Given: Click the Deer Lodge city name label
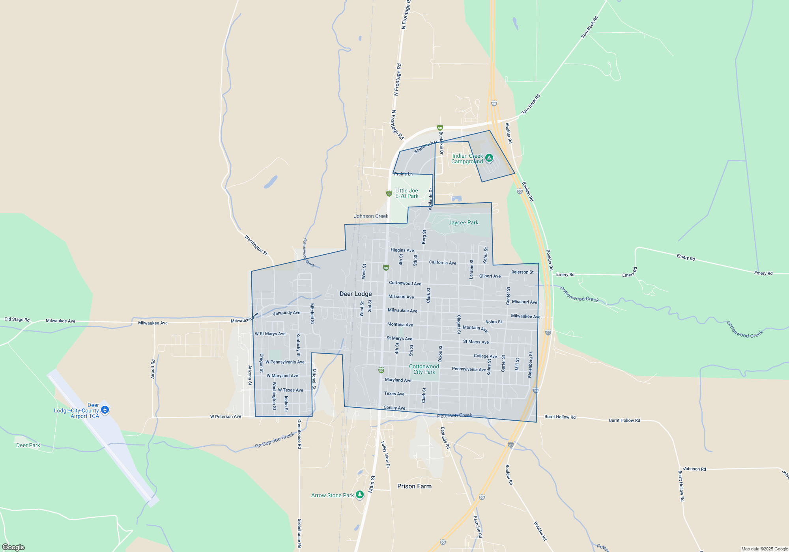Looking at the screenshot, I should [x=355, y=294].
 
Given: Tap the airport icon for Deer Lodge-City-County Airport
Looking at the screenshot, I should [x=105, y=410].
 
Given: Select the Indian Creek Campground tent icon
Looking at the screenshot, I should [x=489, y=158].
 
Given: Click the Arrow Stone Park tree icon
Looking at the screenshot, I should [x=359, y=494].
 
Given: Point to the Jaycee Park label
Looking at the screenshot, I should [x=463, y=222].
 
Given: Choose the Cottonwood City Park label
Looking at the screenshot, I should [x=424, y=369].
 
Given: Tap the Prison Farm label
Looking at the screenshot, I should [x=414, y=486].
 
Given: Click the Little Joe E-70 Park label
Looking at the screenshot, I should [x=407, y=193].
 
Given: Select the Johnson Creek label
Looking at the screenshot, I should [x=371, y=216].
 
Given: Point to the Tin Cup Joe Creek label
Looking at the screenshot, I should [x=274, y=440].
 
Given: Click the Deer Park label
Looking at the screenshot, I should [x=28, y=445].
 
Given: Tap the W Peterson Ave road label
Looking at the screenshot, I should [x=226, y=416].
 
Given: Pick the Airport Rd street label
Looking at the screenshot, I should [x=153, y=369].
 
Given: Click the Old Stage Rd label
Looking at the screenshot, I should [x=17, y=319].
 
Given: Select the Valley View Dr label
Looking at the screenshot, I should [x=385, y=454].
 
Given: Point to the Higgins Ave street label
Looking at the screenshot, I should [x=402, y=250].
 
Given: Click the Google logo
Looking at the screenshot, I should [x=13, y=547].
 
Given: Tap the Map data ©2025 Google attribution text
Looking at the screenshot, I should [x=765, y=549].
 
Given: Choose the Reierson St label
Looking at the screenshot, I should [x=522, y=272].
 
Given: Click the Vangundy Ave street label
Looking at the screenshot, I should [x=286, y=313].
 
